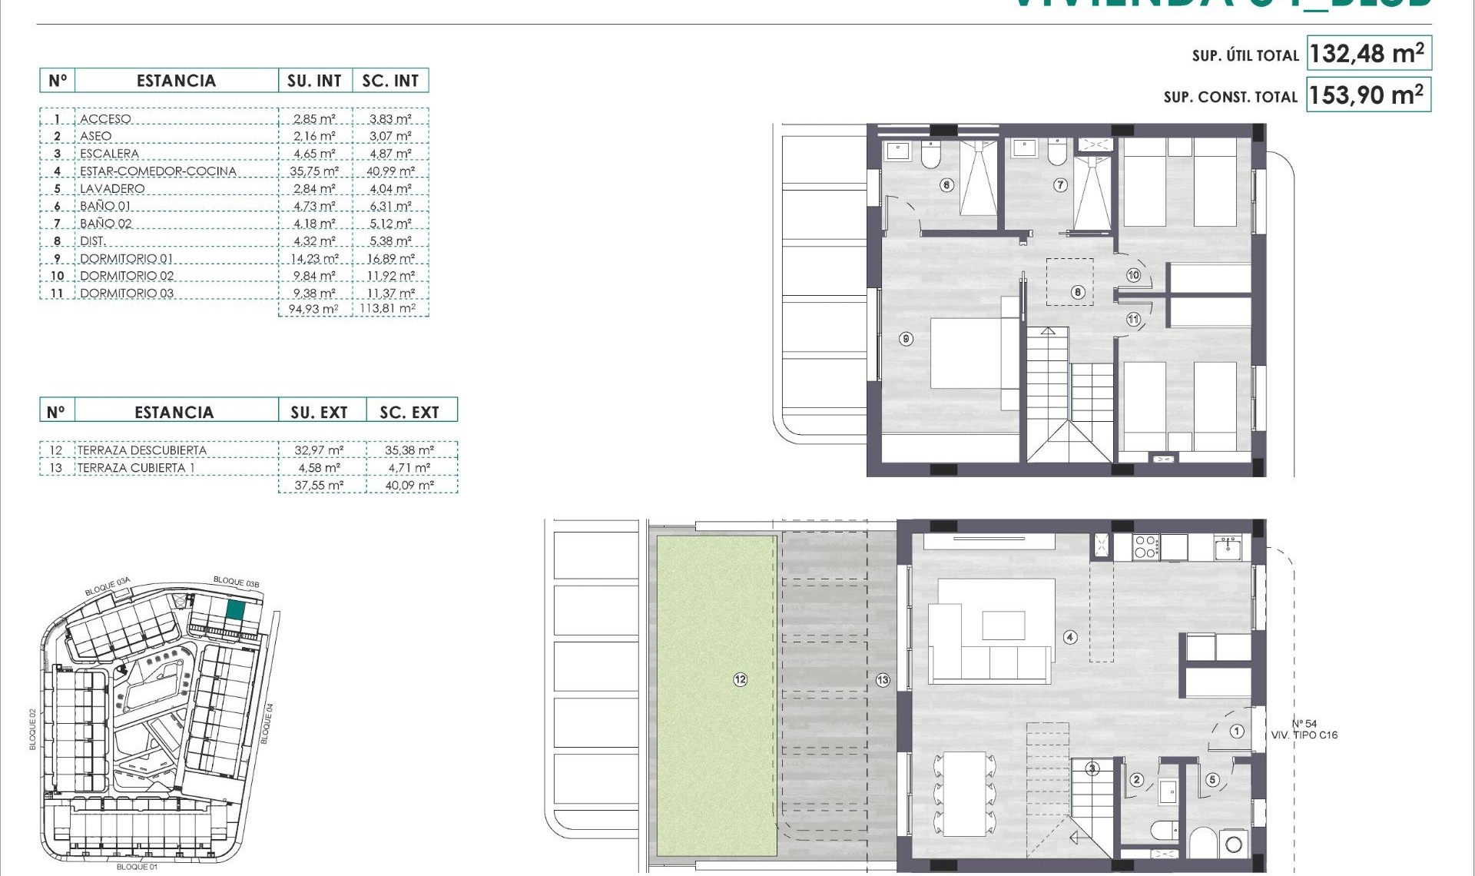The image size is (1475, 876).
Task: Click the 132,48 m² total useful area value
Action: pyautogui.click(x=1367, y=54)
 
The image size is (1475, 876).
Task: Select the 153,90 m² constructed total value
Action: pyautogui.click(x=1367, y=95)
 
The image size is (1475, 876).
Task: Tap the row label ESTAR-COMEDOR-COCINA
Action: pyautogui.click(x=158, y=171)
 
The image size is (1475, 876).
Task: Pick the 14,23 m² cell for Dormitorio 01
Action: pyautogui.click(x=314, y=259)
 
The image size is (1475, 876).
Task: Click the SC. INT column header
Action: pyautogui.click(x=390, y=81)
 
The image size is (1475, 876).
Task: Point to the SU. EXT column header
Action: pyautogui.click(x=319, y=413)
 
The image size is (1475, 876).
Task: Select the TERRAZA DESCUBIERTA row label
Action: pyautogui.click(x=142, y=450)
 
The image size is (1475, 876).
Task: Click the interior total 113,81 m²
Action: pyautogui.click(x=388, y=309)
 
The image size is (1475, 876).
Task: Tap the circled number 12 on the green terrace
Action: pyautogui.click(x=740, y=679)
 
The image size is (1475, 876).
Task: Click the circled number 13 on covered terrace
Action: pyautogui.click(x=883, y=679)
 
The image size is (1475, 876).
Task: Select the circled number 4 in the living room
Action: pyautogui.click(x=1070, y=637)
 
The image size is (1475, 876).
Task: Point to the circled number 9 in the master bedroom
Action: pyautogui.click(x=907, y=339)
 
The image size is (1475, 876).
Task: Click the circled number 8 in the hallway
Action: pyautogui.click(x=1078, y=292)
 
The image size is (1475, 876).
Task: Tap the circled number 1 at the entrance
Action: pyautogui.click(x=1237, y=732)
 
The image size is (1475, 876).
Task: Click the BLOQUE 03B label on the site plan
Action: pyautogui.click(x=236, y=582)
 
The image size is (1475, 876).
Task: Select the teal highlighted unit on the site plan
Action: pyautogui.click(x=236, y=611)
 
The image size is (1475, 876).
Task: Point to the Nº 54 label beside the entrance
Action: pyautogui.click(x=1304, y=724)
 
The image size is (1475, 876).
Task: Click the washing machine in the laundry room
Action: pyautogui.click(x=1234, y=844)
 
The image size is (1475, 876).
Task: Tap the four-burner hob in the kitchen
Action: pyautogui.click(x=1145, y=547)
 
